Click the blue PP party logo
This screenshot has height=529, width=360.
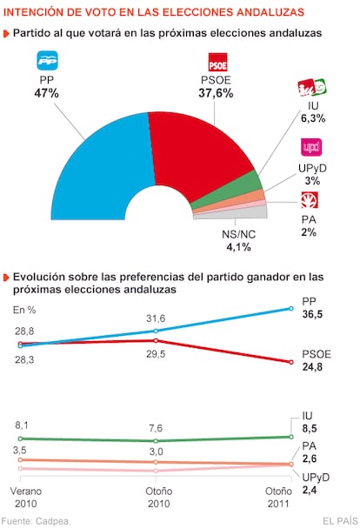coord(47,61)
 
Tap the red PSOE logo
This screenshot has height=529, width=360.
coord(217,63)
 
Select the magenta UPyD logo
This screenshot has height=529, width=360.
coord(311,147)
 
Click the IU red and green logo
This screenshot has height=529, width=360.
coord(312,88)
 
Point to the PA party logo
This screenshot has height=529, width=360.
coord(310,200)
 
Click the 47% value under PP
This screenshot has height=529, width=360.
coord(46,93)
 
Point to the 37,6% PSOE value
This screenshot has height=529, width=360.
coord(216,93)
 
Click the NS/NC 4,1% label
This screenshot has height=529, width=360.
coord(238,241)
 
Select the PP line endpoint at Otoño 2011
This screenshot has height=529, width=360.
coord(291,308)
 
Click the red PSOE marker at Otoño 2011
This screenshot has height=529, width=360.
coord(291,362)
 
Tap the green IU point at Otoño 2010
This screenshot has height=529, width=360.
coord(156,440)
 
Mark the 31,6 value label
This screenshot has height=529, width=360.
coord(156,318)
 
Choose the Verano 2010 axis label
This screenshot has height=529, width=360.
coord(26,498)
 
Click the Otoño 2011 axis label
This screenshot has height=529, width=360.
coord(278,498)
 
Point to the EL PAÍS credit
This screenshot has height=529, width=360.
coord(340,521)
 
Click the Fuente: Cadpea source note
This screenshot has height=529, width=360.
coord(36,521)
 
